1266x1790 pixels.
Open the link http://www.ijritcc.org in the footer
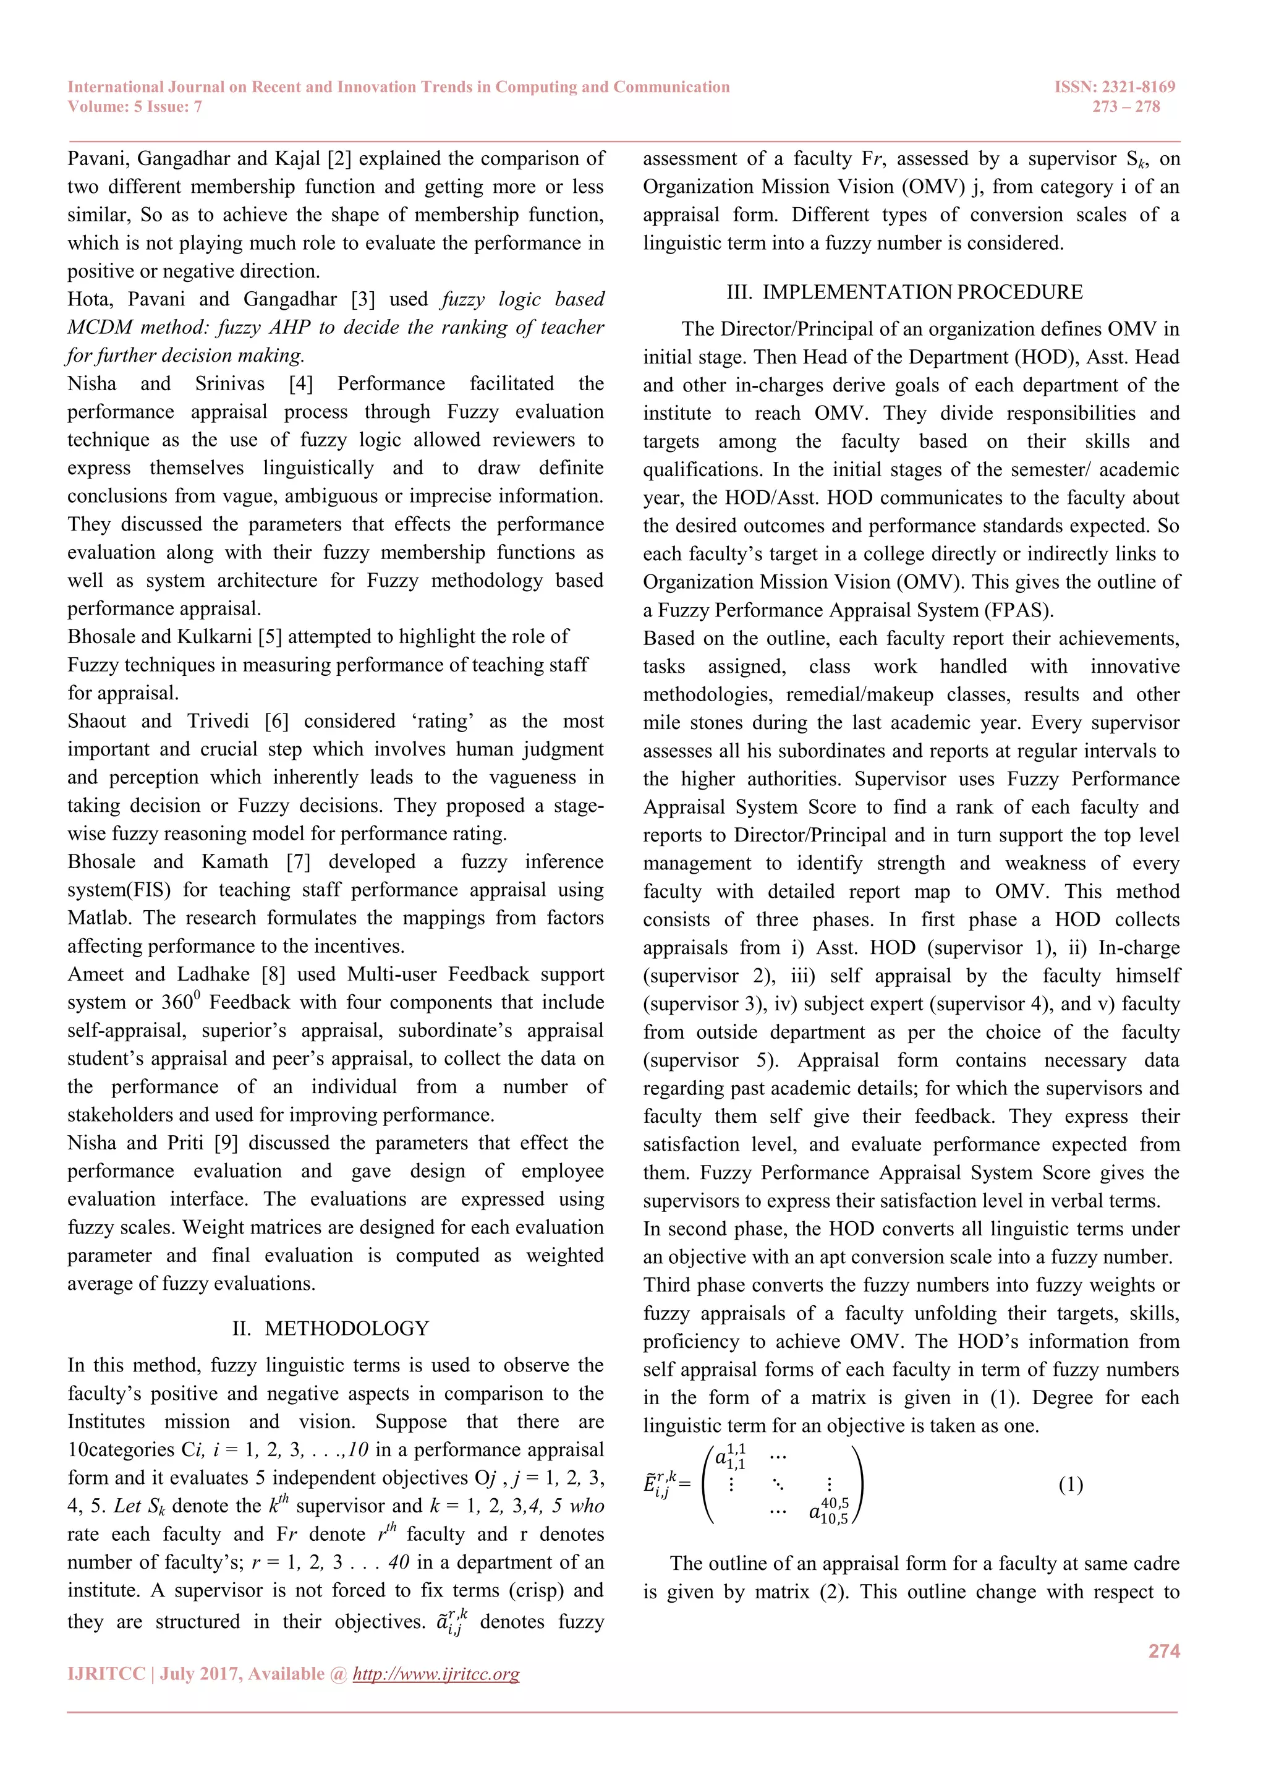tap(436, 1674)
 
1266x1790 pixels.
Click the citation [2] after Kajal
tap(340, 158)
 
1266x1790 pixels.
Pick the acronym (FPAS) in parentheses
tap(1016, 610)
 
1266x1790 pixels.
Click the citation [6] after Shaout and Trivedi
tap(277, 721)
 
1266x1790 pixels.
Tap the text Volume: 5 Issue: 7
tap(135, 107)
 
